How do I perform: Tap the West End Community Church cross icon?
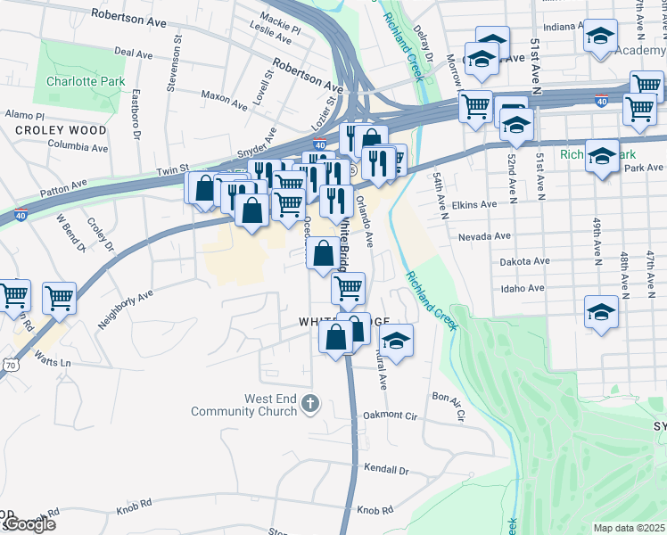309,405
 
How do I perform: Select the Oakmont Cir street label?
391,416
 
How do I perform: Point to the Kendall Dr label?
386,470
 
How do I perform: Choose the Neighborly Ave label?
126,309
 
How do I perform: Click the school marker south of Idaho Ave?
601,314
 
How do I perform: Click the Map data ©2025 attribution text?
629,528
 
